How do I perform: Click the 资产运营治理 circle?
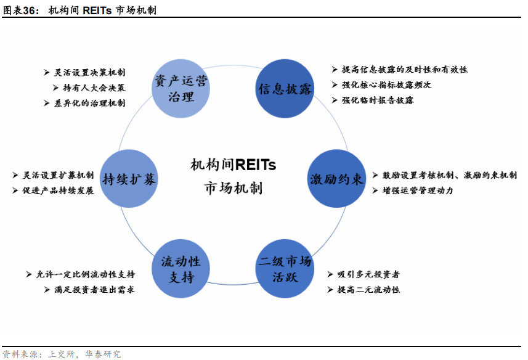(181, 88)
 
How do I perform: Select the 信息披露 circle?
(285, 88)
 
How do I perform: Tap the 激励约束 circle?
(336, 179)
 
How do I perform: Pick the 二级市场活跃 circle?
(285, 269)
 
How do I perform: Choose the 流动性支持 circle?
(181, 269)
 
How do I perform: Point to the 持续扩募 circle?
(129, 179)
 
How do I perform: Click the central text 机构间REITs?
(233, 165)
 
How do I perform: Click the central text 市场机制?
(233, 187)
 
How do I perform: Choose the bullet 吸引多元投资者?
(368, 274)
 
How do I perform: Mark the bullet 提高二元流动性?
(368, 289)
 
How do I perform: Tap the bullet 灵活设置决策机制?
(89, 72)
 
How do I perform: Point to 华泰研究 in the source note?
(104, 354)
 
